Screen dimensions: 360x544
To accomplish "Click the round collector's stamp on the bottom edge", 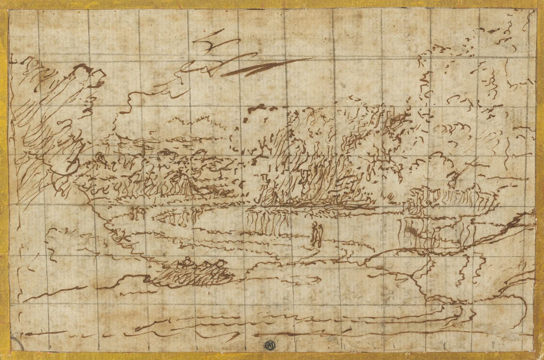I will coord(271,346).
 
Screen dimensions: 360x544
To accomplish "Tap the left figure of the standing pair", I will coord(313,235).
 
